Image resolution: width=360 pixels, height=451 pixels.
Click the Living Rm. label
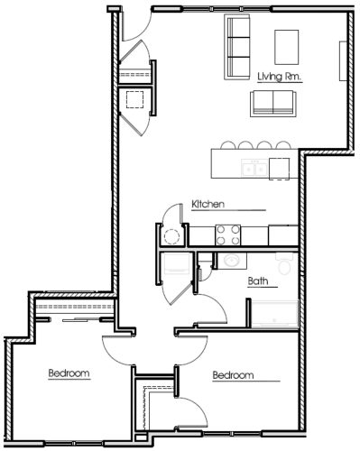coord(279,78)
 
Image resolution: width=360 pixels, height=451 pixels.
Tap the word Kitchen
coord(208,205)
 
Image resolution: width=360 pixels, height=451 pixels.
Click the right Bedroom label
coord(232,375)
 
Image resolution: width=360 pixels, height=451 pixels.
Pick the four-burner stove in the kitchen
coord(226,235)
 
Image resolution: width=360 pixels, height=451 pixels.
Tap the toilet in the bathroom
coord(284,263)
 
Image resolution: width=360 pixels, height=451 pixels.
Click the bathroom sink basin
coord(232,261)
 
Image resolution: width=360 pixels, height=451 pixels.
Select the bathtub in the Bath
coord(274,314)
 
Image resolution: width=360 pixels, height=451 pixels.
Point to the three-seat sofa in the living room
coord(238,47)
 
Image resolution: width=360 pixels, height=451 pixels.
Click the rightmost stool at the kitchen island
coord(280,144)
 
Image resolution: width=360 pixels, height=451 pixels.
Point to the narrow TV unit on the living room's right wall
coord(340,63)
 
